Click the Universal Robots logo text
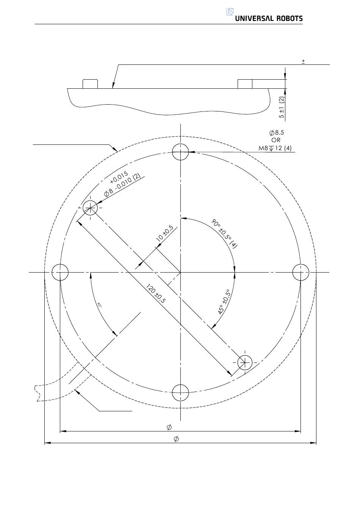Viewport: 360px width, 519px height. [269, 19]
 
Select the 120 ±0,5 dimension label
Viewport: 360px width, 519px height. [156, 294]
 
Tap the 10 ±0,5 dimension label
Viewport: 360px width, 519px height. [165, 233]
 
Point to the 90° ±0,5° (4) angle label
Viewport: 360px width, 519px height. [224, 234]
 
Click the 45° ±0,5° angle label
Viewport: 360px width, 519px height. [224, 302]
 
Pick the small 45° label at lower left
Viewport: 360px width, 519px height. [99, 305]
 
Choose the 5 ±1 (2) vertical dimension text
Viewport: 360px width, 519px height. [282, 107]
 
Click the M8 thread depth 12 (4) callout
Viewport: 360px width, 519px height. [275, 148]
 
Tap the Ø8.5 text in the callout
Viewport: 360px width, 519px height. [276, 133]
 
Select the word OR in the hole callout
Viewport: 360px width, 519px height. [275, 140]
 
